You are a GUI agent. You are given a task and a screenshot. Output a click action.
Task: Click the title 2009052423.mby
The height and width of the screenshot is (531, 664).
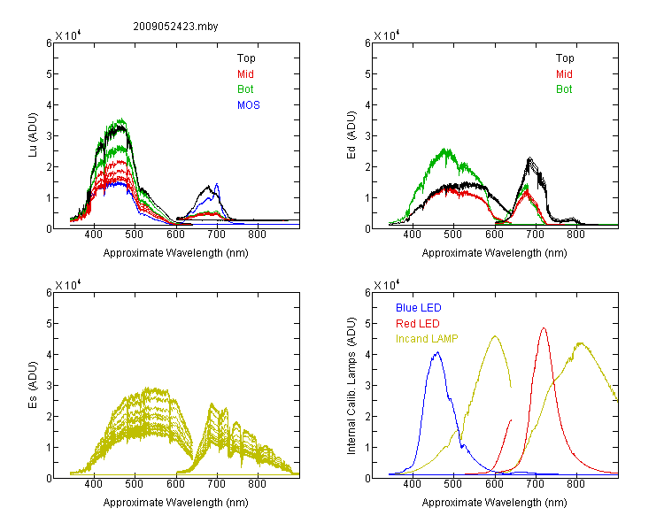pyautogui.click(x=175, y=27)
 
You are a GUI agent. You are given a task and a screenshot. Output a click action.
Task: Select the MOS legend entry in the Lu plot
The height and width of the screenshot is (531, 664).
pyautogui.click(x=249, y=105)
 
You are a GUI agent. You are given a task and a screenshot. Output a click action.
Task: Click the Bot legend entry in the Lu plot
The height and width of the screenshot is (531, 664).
pyautogui.click(x=245, y=89)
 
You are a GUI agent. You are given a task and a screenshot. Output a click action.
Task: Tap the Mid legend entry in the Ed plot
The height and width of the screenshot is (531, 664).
pyautogui.click(x=564, y=74)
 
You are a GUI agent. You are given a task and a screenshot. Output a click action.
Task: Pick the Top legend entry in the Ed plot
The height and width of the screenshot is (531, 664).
pyautogui.click(x=565, y=58)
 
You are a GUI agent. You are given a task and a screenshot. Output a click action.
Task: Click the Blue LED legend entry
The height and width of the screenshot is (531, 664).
pyautogui.click(x=419, y=308)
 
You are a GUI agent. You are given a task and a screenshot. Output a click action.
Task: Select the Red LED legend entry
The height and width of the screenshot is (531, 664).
pyautogui.click(x=418, y=324)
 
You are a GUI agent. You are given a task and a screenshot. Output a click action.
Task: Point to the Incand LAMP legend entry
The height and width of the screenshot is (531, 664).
pyautogui.click(x=427, y=339)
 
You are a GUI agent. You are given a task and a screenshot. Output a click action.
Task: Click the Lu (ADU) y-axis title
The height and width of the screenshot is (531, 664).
pyautogui.click(x=33, y=135)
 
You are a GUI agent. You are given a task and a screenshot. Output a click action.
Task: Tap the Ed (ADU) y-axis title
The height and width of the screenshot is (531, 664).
pyautogui.click(x=351, y=135)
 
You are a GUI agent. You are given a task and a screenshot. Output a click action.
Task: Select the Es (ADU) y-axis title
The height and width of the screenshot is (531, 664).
pyautogui.click(x=33, y=385)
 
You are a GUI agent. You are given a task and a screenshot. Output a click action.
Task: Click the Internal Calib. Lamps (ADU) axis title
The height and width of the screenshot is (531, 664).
pyautogui.click(x=351, y=386)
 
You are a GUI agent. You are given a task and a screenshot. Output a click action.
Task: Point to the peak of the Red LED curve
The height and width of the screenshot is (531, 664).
pyautogui.click(x=544, y=327)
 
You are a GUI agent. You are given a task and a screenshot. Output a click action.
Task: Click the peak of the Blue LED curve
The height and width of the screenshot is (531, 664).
pyautogui.click(x=437, y=352)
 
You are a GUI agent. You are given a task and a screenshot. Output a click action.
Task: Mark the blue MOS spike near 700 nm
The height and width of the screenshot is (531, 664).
pyautogui.click(x=217, y=184)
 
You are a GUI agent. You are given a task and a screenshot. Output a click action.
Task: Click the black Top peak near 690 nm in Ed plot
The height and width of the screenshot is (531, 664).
pyautogui.click(x=529, y=158)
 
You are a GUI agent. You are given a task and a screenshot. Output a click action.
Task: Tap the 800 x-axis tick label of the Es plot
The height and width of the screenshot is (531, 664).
pyautogui.click(x=257, y=484)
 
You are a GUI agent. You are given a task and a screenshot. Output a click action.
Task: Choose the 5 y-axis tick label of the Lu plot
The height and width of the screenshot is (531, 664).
pyautogui.click(x=49, y=74)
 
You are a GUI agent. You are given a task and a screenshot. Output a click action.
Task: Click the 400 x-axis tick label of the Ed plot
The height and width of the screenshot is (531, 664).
pyautogui.click(x=412, y=235)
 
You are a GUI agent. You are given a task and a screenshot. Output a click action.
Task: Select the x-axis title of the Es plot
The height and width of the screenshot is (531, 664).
pyautogui.click(x=176, y=503)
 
